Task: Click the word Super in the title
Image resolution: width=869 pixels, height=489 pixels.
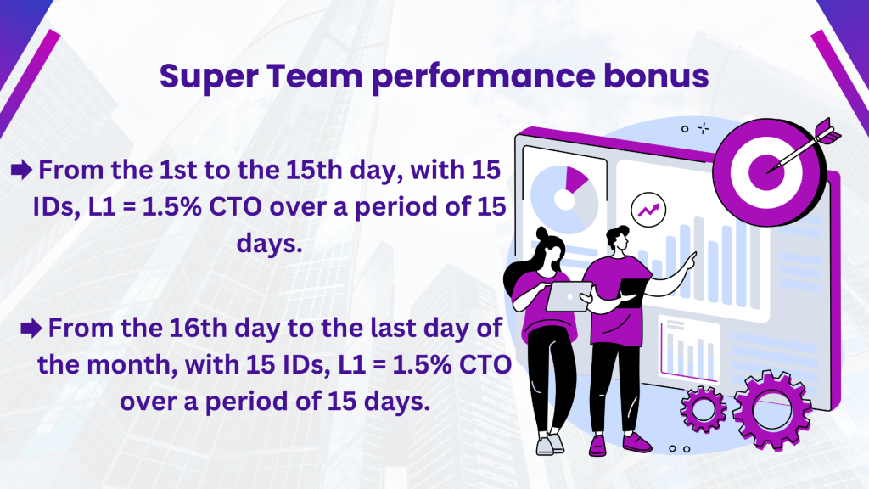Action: (x=209, y=77)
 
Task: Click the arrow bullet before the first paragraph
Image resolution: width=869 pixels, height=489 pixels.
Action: (x=21, y=170)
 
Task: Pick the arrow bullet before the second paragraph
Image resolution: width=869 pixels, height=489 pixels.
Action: (x=31, y=328)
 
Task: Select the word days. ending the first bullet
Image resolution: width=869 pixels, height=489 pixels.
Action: (x=269, y=244)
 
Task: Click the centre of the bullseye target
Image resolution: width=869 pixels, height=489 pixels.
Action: (x=766, y=171)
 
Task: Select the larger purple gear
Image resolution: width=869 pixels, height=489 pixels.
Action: (x=771, y=410)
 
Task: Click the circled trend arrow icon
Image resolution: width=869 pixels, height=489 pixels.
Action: (x=648, y=210)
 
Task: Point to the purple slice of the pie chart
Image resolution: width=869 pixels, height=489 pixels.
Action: (x=575, y=178)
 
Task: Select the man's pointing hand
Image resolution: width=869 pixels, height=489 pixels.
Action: (x=689, y=261)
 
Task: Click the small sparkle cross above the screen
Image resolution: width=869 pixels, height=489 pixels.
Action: (x=704, y=129)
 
